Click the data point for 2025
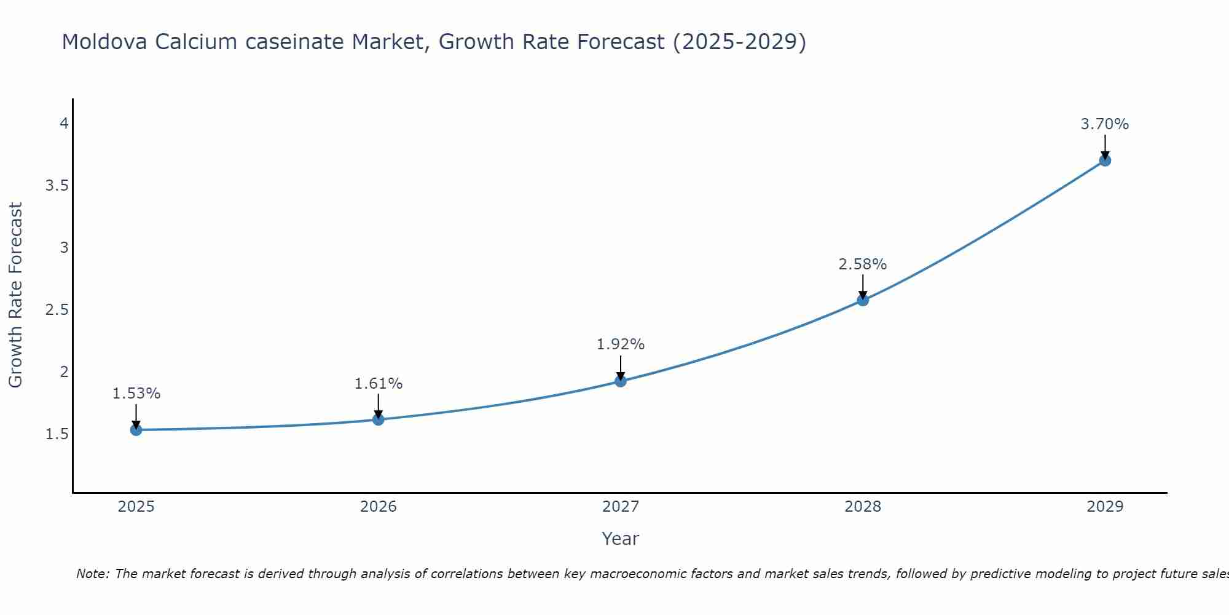coord(136,430)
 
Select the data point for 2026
coord(379,419)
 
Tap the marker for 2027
coord(621,381)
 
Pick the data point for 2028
coord(863,300)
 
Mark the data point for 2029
coord(1105,161)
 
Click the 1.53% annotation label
coord(136,394)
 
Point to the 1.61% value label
coord(379,384)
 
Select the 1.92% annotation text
coord(621,344)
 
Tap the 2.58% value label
coord(863,264)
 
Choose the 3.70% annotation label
coord(1105,124)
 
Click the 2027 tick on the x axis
coord(621,507)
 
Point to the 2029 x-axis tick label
coord(1105,507)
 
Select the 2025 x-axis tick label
coord(136,507)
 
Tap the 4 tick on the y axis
coord(63,124)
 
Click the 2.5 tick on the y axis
coord(57,310)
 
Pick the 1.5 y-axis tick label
coord(57,434)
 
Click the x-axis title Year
coord(621,539)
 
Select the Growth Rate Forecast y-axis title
coord(16,295)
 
